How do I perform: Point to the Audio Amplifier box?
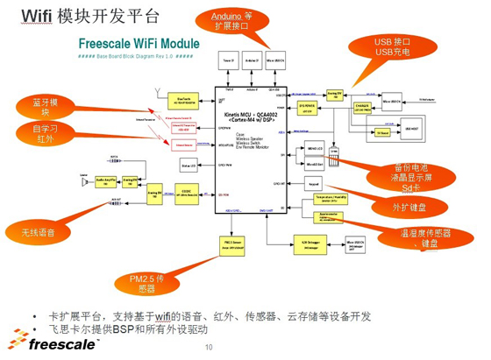tap(104, 182)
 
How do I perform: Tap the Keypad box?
tap(314, 184)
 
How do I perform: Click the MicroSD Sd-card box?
tap(316, 162)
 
